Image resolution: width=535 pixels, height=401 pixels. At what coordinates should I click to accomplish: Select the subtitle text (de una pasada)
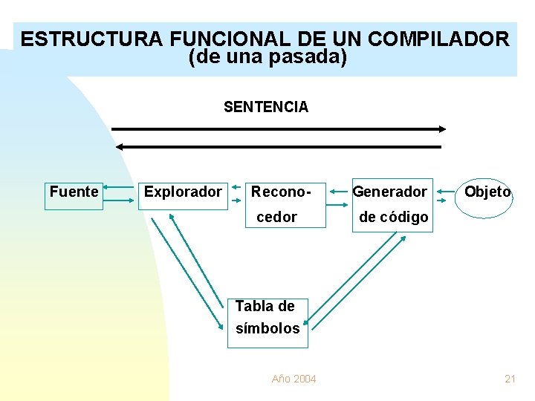coord(267,56)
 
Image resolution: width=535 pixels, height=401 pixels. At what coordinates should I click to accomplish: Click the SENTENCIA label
coord(266,107)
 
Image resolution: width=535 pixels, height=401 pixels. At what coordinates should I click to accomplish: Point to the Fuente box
coord(74,192)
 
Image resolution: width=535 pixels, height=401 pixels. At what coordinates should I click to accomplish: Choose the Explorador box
coord(183,192)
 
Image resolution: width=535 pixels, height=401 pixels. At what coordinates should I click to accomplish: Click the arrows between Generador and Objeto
coord(445,192)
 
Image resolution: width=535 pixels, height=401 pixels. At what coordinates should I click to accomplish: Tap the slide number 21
coord(510,379)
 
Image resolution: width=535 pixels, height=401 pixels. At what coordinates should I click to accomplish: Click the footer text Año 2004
coord(294,379)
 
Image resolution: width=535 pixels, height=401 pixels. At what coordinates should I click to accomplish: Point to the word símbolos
coord(267,328)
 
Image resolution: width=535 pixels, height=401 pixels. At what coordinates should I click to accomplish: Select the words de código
coord(393,217)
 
